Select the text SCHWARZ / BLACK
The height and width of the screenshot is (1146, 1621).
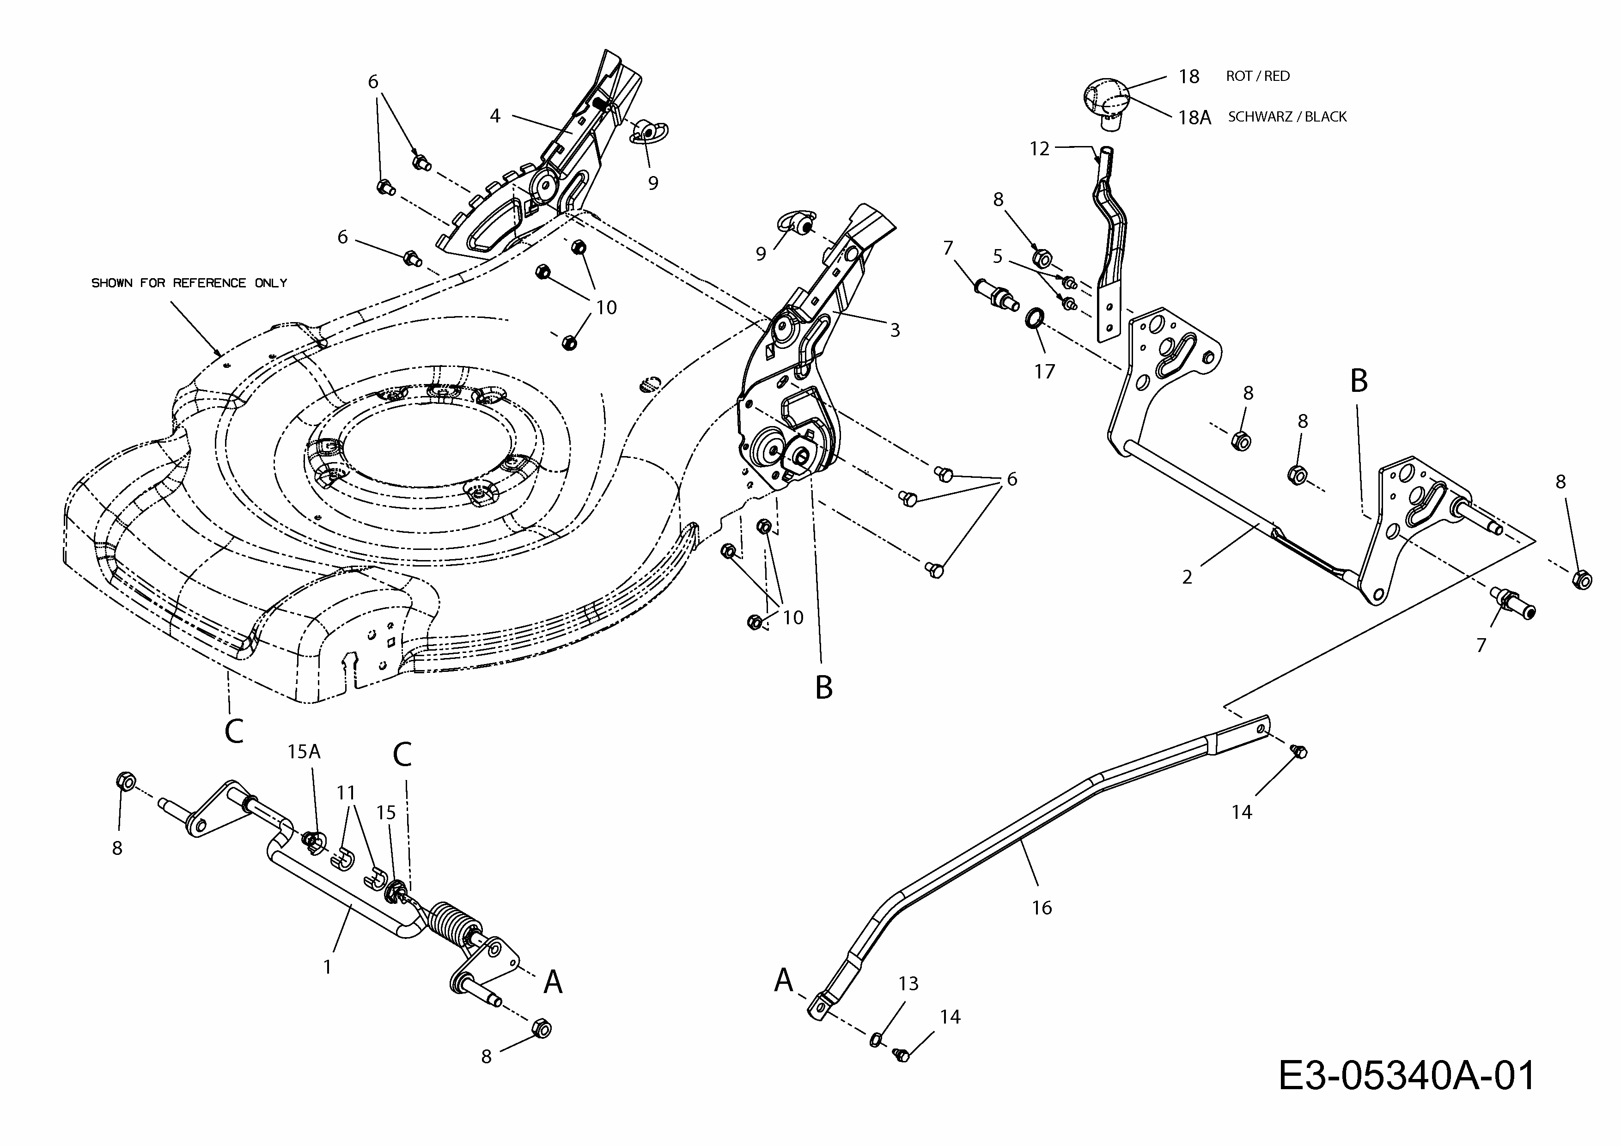tap(1287, 116)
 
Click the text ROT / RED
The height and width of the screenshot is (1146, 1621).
tap(1257, 76)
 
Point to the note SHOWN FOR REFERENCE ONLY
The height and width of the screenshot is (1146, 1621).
tap(189, 283)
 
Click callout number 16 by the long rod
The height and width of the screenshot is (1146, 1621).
tap(1042, 908)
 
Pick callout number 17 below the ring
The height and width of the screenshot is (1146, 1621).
tap(1044, 372)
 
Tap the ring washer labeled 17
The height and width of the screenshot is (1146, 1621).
tap(1034, 318)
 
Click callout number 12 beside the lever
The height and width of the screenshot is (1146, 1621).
tap(1039, 149)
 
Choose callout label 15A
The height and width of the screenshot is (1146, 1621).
tap(304, 752)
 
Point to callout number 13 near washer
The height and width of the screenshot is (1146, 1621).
tap(908, 984)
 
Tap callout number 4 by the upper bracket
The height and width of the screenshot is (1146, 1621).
tap(495, 116)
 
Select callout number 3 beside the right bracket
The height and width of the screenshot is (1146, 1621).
tap(895, 330)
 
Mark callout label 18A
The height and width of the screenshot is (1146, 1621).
tap(1194, 117)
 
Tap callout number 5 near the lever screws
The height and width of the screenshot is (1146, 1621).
tap(998, 256)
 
